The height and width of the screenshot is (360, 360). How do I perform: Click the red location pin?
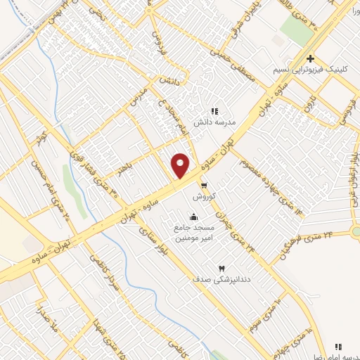[180, 165]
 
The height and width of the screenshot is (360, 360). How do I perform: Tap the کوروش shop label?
[203, 196]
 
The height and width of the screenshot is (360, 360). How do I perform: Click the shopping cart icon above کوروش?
[204, 186]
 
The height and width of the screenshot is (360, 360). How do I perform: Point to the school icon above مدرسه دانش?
[215, 111]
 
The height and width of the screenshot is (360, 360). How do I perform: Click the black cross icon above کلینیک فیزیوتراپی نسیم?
[310, 59]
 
